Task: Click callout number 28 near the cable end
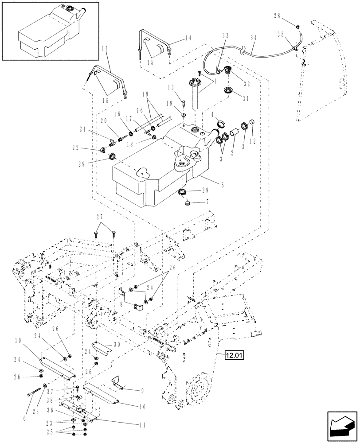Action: tap(278, 16)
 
